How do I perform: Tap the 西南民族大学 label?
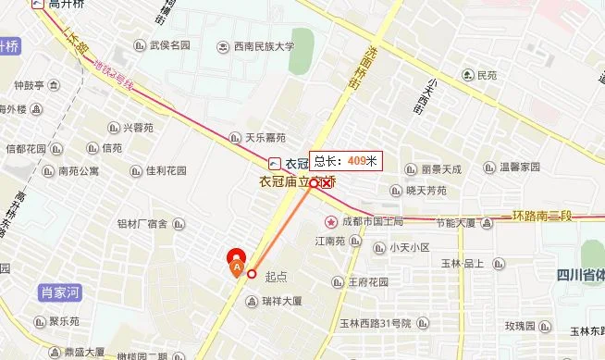(x=263, y=46)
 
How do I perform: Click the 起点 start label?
(x=277, y=275)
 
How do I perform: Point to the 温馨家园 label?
(x=519, y=168)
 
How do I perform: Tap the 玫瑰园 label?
(x=520, y=326)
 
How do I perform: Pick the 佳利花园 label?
(x=167, y=171)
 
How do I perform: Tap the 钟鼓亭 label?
(x=29, y=86)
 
